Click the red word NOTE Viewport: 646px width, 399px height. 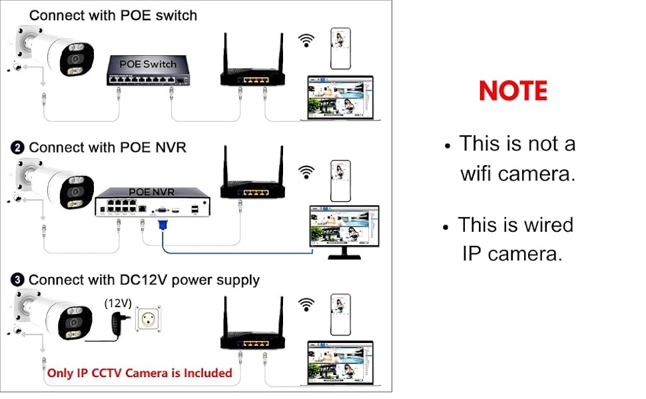513,91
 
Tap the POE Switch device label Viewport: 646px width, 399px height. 148,64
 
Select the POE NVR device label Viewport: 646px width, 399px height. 151,191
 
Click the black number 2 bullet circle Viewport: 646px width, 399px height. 19,148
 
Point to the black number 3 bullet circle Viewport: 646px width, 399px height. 19,280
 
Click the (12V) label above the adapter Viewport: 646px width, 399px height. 118,302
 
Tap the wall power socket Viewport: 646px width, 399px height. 150,320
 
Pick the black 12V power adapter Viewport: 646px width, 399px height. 118,325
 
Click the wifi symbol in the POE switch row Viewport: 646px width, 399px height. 306,40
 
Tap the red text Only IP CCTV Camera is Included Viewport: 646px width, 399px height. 139,373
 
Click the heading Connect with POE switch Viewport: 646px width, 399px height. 113,15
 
